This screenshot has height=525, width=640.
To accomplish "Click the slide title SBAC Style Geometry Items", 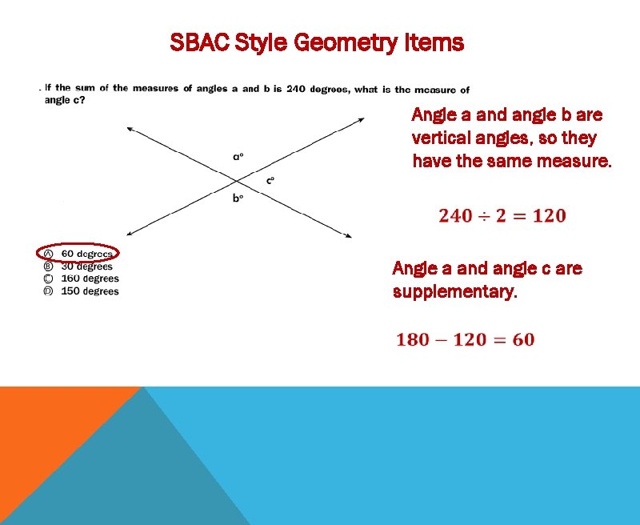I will point(317,42).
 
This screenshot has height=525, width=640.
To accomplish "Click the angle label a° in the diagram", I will point(238,157).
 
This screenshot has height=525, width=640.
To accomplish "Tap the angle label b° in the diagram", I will point(238,198).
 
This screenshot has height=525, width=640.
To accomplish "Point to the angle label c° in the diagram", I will point(270,180).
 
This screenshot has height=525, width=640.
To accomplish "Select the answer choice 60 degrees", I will point(87,254).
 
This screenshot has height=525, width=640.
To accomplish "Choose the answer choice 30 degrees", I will point(87,267).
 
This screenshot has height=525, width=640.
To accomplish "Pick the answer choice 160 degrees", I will point(90,279).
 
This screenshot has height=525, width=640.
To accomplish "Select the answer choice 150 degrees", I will point(90,291).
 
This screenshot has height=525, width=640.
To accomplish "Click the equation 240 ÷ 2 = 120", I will point(502,216).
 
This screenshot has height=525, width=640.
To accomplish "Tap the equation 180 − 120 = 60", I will point(465,339).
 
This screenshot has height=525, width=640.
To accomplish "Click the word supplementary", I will point(454,292).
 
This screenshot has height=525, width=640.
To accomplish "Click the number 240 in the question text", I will point(296,89).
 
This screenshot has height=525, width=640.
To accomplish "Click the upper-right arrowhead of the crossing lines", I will point(361,120).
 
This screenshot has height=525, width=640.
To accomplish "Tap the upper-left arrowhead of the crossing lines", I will point(129,126).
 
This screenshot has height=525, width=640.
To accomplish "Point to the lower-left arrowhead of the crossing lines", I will point(130,232).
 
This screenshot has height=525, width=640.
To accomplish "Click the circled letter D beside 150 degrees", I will point(48,291).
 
